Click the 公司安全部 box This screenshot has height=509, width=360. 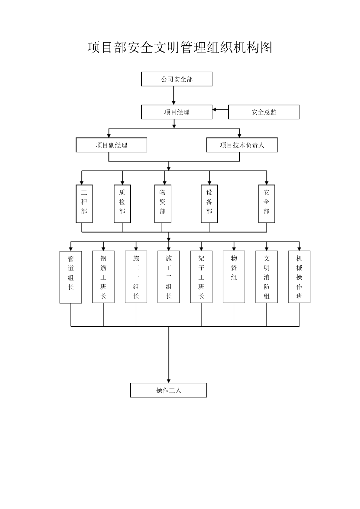coord(177,79)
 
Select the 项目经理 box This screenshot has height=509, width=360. coord(177,112)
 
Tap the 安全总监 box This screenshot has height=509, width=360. coord(264,112)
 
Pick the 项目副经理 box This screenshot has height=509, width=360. coord(111,145)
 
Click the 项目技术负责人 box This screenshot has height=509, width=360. coord(242,145)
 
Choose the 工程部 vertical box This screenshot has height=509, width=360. coord(84,204)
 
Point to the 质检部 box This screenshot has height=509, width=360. coord(122,204)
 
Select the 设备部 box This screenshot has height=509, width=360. coord(209,204)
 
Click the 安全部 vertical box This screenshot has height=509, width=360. coord(266,204)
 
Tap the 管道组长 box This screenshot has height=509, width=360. coord(71,277)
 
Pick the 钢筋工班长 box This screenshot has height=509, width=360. coord(103,277)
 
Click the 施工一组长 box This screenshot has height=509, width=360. coord(136,277)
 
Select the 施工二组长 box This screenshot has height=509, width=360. coord(169,277)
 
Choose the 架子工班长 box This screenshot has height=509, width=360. coord(201,277)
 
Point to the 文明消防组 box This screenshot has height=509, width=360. coord(266,277)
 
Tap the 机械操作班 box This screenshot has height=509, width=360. coord(299,277)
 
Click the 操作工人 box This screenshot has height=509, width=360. coord(168,391)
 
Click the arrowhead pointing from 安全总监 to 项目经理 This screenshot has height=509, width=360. coord(214,109)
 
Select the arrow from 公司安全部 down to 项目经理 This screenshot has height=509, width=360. coord(174,96)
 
